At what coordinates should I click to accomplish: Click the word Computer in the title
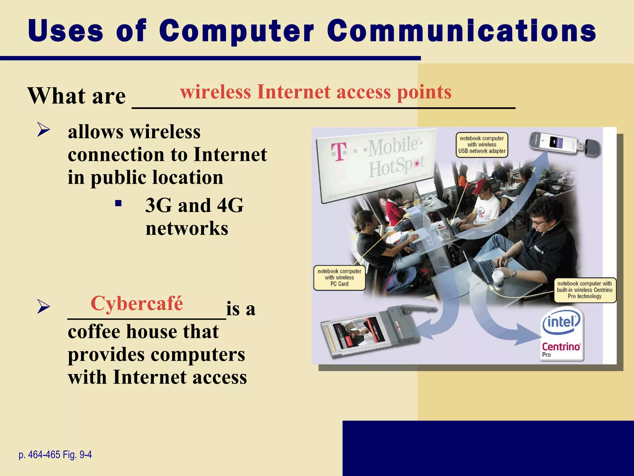[237, 31]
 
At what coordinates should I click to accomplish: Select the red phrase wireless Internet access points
[315, 92]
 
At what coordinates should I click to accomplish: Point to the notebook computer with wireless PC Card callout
[339, 278]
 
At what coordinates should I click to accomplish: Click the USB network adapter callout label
[482, 145]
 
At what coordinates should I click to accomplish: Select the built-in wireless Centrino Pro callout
[584, 290]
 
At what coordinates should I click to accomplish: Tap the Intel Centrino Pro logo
[561, 334]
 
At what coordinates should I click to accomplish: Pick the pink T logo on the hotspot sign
[339, 152]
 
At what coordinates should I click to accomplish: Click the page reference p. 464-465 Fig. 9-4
[55, 455]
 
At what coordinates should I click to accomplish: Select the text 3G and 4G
[194, 205]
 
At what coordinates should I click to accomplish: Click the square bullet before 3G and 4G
[118, 204]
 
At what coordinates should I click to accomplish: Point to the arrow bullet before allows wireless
[43, 130]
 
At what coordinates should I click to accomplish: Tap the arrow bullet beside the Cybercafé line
[43, 307]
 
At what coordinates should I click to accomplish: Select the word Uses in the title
[65, 31]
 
